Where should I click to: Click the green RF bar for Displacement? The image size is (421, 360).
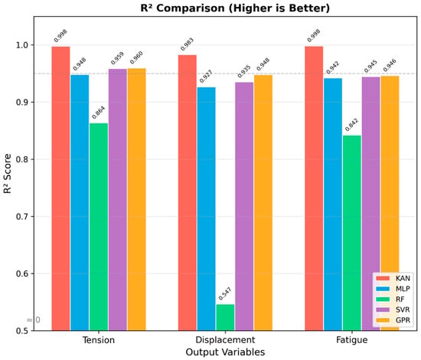[225, 317]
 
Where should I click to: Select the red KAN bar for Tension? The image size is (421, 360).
[61, 188]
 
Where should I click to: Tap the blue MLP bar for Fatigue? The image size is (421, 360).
[333, 205]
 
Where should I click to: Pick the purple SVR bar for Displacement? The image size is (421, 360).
[244, 206]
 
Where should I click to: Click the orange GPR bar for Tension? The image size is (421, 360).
[137, 199]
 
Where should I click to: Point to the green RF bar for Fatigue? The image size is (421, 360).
[352, 233]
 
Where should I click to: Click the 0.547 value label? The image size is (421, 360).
[225, 294]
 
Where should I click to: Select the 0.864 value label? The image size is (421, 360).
[98, 113]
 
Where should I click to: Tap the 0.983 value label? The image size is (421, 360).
[187, 44]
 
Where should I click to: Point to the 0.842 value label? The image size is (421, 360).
[351, 125]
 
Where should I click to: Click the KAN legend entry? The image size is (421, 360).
[393, 278]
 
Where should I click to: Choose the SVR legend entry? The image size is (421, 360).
[393, 309]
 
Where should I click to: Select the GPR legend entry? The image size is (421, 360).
[393, 320]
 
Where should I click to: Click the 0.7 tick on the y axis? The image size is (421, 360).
[22, 217]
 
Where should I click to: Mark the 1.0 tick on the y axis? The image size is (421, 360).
[22, 45]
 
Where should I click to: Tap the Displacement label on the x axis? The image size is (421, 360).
[225, 340]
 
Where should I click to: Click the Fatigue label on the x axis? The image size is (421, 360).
[352, 340]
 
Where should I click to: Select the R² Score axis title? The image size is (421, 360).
[8, 174]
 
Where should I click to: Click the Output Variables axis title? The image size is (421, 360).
[225, 352]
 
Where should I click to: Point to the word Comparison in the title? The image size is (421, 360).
[191, 8]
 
